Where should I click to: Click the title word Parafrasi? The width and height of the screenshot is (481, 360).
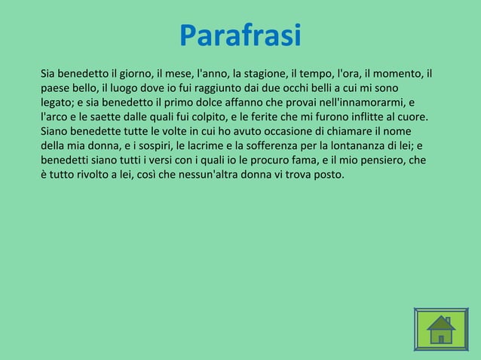point(240,35)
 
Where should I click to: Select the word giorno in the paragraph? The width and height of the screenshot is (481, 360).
point(133,74)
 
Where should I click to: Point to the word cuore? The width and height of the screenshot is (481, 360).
point(413,117)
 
